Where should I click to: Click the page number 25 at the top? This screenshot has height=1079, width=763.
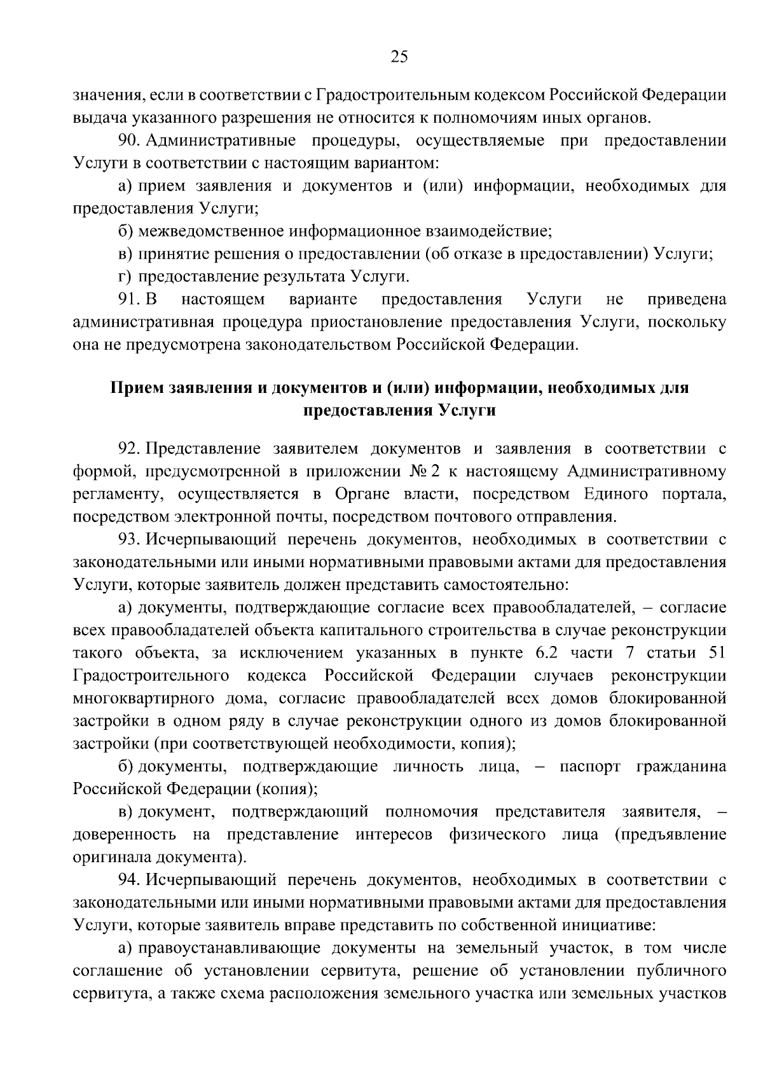click(399, 58)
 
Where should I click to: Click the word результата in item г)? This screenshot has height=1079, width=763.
click(300, 277)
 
